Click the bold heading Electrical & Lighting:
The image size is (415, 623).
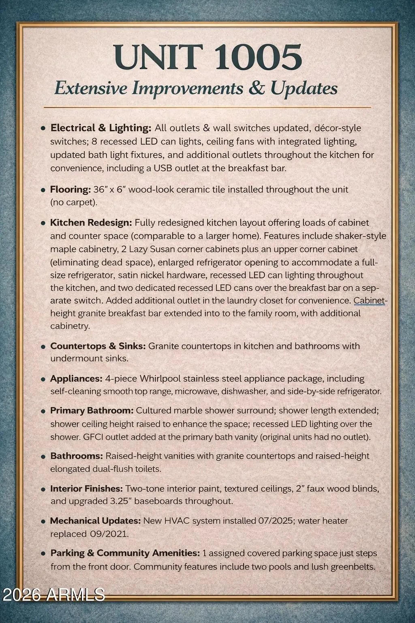(x=101, y=128)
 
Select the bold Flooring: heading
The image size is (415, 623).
(x=70, y=189)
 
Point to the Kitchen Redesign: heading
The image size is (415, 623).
(x=91, y=223)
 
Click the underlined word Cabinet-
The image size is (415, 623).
(x=370, y=301)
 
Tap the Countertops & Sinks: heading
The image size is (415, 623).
(x=98, y=346)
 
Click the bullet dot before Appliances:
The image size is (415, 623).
(x=43, y=379)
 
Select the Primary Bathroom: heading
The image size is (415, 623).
(x=92, y=410)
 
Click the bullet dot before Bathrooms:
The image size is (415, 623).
(x=43, y=457)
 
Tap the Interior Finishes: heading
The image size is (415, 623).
(x=86, y=488)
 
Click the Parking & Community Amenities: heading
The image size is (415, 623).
(x=125, y=553)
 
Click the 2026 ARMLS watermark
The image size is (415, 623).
(x=54, y=595)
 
